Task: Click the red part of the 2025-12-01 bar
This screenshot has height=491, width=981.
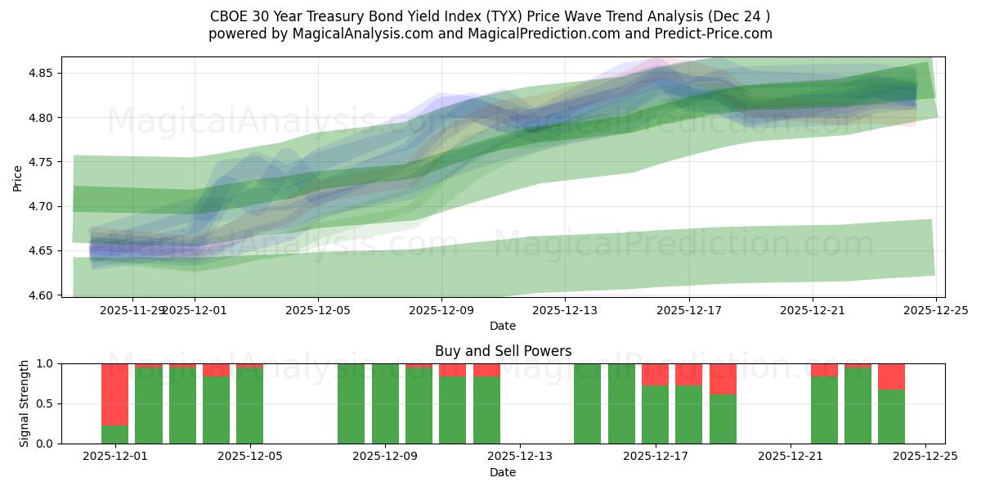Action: pos(114,394)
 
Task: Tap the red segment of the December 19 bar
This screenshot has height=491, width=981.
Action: pos(723,379)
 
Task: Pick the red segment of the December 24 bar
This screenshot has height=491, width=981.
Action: pos(891,376)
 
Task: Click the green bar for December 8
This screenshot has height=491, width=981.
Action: pos(351,403)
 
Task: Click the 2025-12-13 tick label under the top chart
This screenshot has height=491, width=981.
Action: pos(565,310)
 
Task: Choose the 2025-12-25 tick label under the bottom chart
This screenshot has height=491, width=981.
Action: pos(925,457)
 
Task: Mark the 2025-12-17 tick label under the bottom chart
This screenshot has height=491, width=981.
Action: pos(655,457)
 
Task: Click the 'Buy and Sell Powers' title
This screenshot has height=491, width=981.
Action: pos(503,351)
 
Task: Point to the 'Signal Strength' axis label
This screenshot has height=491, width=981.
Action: pos(25,403)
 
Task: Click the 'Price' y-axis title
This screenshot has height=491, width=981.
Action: pos(17,177)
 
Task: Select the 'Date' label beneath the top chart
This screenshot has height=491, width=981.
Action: pos(503,326)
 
